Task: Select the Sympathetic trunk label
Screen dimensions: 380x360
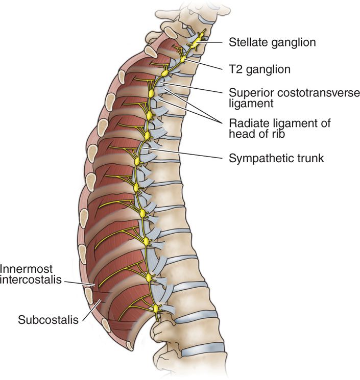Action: [x=276, y=159]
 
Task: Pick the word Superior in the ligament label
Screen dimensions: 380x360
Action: [x=248, y=93]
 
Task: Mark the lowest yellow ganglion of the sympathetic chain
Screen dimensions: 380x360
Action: [x=157, y=308]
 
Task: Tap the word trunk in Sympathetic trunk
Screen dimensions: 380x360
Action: [x=311, y=159]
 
